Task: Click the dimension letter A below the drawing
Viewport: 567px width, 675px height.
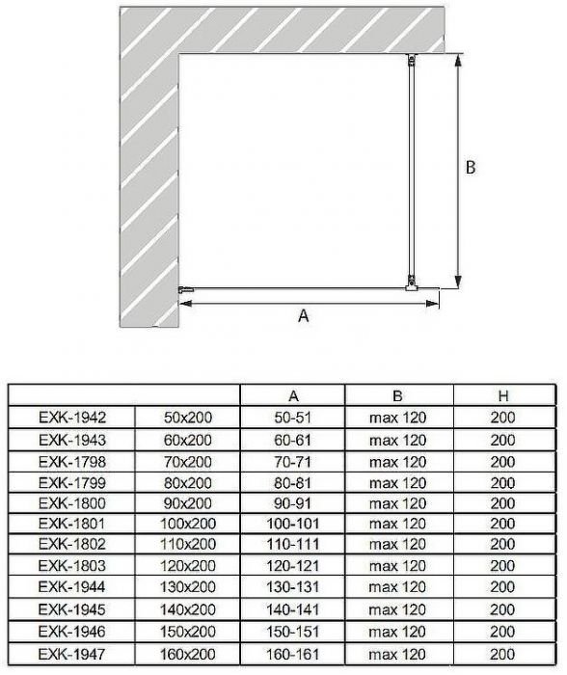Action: [x=303, y=316]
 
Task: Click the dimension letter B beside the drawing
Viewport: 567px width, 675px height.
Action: [x=471, y=167]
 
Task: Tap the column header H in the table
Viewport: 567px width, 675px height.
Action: [x=502, y=396]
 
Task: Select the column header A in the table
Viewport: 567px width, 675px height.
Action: [x=293, y=396]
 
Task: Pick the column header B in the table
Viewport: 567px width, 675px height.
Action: [x=397, y=396]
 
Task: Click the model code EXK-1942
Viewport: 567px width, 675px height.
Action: [x=72, y=418]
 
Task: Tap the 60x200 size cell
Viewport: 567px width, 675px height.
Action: [x=188, y=440]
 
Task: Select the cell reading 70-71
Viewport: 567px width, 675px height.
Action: [x=293, y=462]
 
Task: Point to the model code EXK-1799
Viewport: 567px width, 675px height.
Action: [x=72, y=482]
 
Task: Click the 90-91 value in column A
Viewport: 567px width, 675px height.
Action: [x=293, y=502]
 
